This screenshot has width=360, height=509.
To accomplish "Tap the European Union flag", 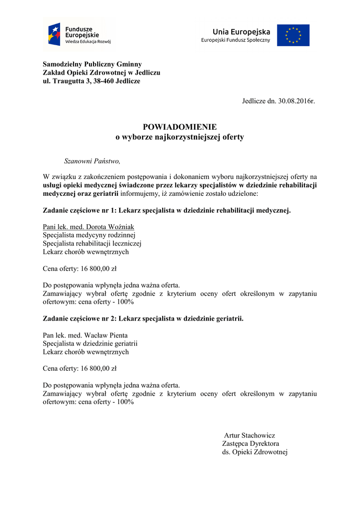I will pos(293,35).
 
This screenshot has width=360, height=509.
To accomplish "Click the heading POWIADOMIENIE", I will pos(180,127).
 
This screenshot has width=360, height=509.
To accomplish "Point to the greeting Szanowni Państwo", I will pos(92,161).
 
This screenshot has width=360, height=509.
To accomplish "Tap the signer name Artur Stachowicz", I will pos(249,435).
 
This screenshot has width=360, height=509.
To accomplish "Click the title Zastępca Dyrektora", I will pos(251,443).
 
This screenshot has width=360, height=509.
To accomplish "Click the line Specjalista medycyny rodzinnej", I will pos(89,235).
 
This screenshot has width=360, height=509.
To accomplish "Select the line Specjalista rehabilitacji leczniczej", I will pos(92,244).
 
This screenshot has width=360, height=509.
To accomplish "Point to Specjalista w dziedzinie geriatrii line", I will pos(90,343).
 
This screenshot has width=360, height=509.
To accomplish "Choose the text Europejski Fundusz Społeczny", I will pos(235,40).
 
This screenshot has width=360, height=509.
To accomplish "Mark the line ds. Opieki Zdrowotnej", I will pos(255,452).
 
